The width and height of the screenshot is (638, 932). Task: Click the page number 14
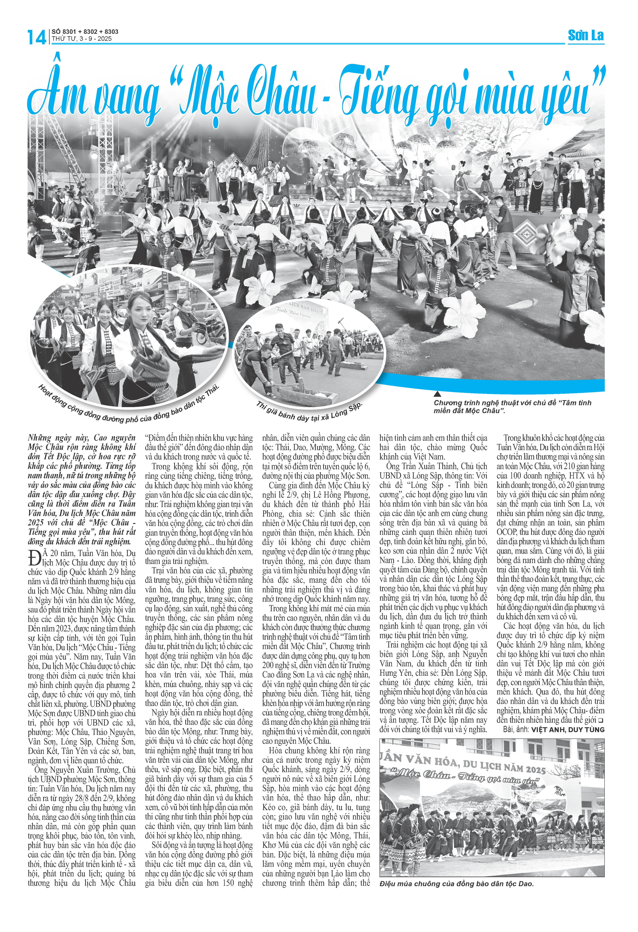click(36, 37)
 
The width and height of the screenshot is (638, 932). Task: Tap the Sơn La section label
click(585, 36)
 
